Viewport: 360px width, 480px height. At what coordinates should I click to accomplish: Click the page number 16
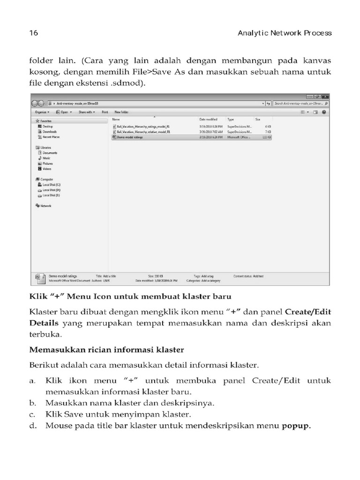pyautogui.click(x=33, y=33)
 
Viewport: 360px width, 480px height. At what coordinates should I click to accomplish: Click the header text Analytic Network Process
pyautogui.click(x=285, y=33)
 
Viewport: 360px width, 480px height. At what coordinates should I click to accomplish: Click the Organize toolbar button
pyautogui.click(x=42, y=112)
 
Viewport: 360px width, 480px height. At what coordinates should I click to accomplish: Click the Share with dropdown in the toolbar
pyautogui.click(x=87, y=112)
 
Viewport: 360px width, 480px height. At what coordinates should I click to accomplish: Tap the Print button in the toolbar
pyautogui.click(x=105, y=112)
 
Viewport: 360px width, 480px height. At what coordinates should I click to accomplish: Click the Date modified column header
pyautogui.click(x=209, y=120)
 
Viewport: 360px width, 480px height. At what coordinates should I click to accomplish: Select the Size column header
pyautogui.click(x=258, y=120)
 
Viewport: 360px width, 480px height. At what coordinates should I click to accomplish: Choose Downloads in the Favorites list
pyautogui.click(x=50, y=132)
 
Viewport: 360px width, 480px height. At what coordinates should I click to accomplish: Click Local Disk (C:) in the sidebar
pyautogui.click(x=51, y=185)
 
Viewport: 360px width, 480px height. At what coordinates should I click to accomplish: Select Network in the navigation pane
pyautogui.click(x=45, y=206)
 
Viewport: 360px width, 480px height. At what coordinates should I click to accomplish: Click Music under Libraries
pyautogui.click(x=46, y=158)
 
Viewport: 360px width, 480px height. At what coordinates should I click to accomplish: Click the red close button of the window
pyautogui.click(x=325, y=96)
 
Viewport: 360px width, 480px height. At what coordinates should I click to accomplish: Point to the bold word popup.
pyautogui.click(x=296, y=426)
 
